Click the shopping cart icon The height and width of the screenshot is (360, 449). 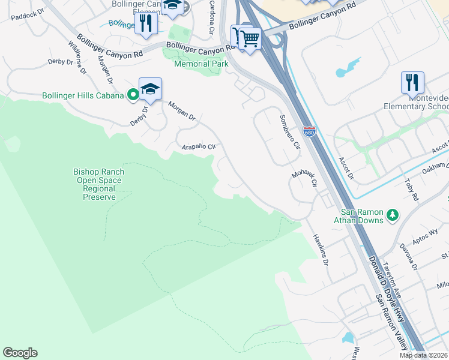pyautogui.click(x=250, y=39)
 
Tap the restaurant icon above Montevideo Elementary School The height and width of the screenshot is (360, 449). pyautogui.click(x=412, y=82)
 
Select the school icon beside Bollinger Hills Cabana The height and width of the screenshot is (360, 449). pyautogui.click(x=150, y=89)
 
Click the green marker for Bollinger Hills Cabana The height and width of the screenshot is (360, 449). pyautogui.click(x=132, y=95)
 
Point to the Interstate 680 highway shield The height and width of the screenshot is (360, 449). pyautogui.click(x=309, y=131)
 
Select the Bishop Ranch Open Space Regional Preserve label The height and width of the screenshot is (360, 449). pyautogui.click(x=98, y=184)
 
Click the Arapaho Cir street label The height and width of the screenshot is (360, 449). pyautogui.click(x=198, y=146)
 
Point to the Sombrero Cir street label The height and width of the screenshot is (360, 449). pyautogui.click(x=289, y=131)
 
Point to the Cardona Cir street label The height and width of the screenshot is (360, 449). pyautogui.click(x=211, y=17)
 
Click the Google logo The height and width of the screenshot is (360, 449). pyautogui.click(x=20, y=353)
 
